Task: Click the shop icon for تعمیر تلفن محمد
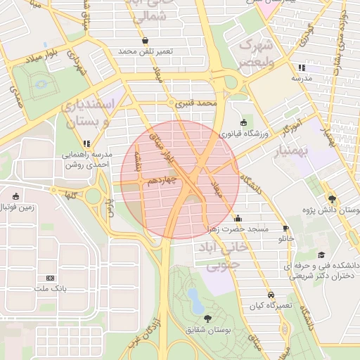point(145,41)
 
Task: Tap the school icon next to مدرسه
point(302,67)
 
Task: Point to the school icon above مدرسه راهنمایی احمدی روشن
point(86,144)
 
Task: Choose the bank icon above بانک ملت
point(49,278)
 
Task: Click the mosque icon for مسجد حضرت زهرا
point(238,217)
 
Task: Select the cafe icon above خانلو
point(285,229)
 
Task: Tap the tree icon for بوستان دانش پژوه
point(332,198)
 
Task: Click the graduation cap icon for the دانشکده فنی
point(321,255)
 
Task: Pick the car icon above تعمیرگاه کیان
point(271,296)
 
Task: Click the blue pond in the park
point(196,306)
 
